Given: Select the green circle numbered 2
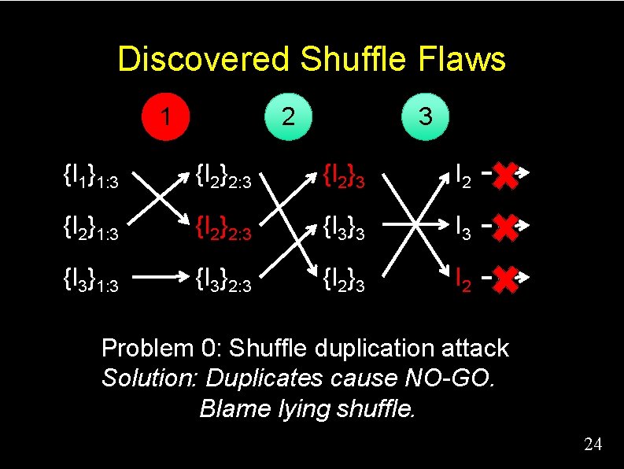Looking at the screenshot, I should click(289, 116).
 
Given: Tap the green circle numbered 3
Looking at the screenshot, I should click(425, 116).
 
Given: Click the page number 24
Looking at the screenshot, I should click(593, 445).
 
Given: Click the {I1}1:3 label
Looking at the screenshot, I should click(90, 177).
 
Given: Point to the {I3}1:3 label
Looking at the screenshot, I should click(90, 280).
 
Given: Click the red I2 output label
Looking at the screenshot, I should click(464, 279).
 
